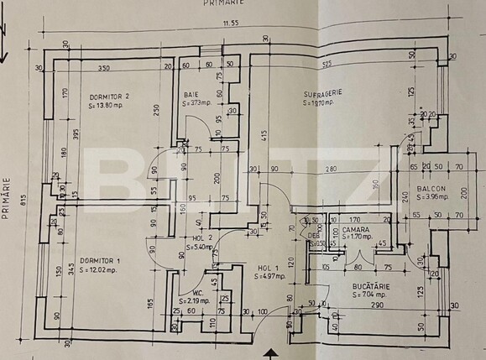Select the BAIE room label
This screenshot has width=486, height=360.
[191, 94]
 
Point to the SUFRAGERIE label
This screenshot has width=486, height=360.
[322, 94]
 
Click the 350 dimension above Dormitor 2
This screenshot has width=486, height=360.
[103, 67]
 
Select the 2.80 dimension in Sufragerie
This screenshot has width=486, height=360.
[332, 169]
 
